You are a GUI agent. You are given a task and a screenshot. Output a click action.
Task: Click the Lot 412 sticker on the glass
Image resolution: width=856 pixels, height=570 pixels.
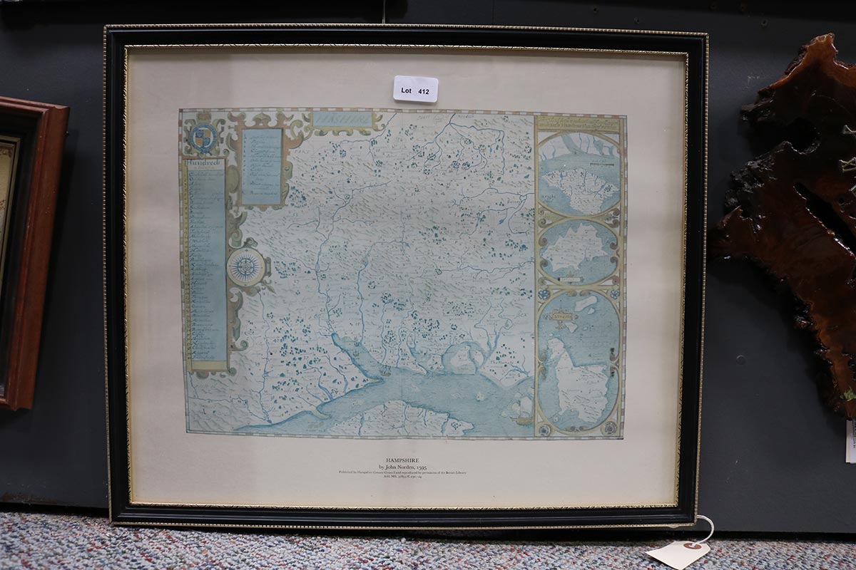pos(415,89)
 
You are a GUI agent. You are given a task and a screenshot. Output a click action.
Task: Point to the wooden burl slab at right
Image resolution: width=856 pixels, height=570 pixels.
pos(792,214)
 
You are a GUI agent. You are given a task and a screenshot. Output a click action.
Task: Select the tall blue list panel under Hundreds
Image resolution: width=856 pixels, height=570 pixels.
pos(206,264)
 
